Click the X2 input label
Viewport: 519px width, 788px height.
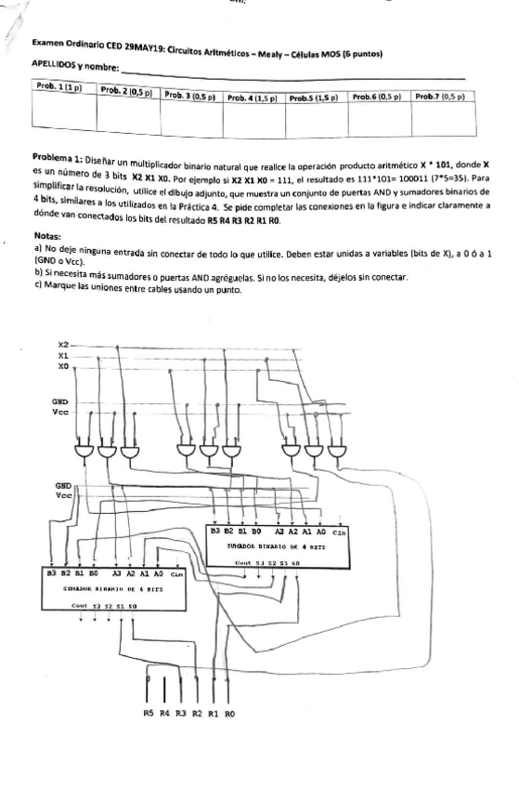click(x=63, y=343)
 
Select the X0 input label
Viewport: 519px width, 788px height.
click(x=63, y=365)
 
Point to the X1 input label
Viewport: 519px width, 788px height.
click(x=63, y=354)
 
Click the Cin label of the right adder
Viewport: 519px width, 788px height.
click(x=340, y=532)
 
